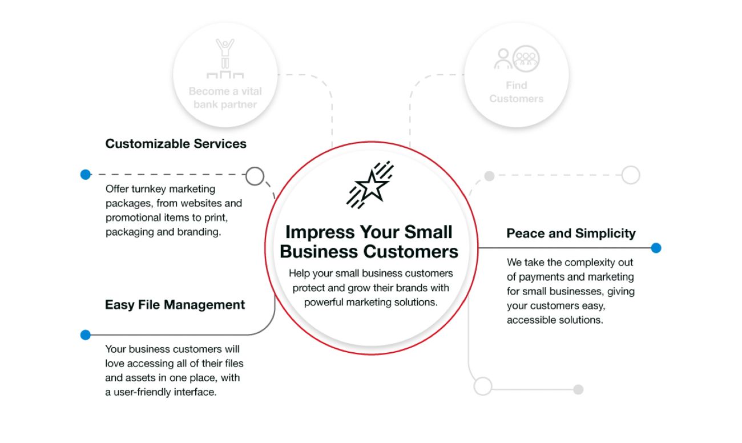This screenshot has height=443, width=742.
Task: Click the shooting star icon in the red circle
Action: [x=370, y=184]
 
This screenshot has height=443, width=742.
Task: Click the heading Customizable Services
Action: [x=176, y=144]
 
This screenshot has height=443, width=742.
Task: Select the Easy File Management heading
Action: [x=175, y=305]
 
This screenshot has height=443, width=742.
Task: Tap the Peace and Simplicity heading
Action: [x=571, y=233]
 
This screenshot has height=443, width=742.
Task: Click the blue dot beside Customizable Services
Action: [x=86, y=174]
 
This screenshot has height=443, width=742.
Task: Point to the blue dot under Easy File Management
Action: [x=86, y=335]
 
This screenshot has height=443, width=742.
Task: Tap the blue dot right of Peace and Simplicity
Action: [x=656, y=248]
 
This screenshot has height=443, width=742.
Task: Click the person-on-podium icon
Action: [x=225, y=59]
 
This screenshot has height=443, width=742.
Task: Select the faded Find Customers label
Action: [x=516, y=92]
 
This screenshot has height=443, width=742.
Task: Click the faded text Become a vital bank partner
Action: [x=225, y=98]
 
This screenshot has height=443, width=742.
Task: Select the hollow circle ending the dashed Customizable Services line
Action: [x=255, y=176]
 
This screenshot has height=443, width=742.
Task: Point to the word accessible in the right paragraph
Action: [x=530, y=320]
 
